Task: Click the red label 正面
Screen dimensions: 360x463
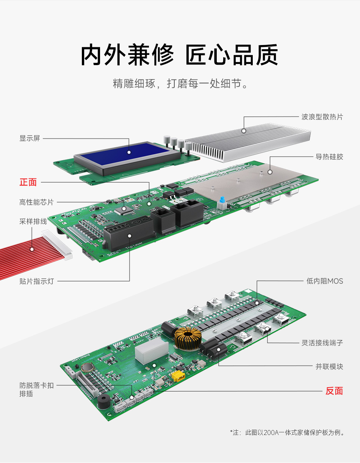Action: click(x=28, y=182)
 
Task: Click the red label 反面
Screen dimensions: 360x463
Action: click(x=334, y=391)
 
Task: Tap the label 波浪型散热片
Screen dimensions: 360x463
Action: click(x=322, y=117)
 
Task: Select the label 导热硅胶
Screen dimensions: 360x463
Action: click(x=329, y=157)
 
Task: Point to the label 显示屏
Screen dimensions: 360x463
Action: click(x=30, y=138)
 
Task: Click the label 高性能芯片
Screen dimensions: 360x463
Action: click(x=36, y=202)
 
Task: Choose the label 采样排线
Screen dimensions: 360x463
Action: click(x=33, y=221)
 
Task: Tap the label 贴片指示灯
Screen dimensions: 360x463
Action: click(x=36, y=281)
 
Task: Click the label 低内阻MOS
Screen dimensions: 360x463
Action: click(x=325, y=281)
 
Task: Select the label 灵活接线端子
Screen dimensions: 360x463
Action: click(x=322, y=343)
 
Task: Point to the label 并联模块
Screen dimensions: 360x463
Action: click(x=329, y=366)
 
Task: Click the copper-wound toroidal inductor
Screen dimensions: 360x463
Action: click(x=188, y=338)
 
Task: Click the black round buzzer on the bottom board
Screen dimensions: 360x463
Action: click(x=104, y=401)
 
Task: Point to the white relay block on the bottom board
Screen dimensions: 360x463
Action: click(x=152, y=350)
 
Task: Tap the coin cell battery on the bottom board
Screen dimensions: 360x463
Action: click(x=87, y=367)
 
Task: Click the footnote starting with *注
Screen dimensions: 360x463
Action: click(x=286, y=432)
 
